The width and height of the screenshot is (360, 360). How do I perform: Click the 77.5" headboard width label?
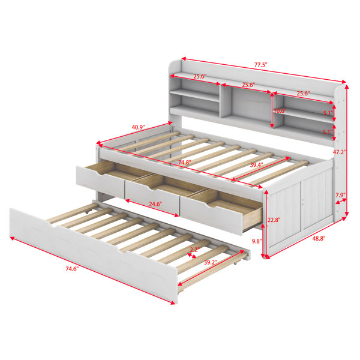click(261, 65)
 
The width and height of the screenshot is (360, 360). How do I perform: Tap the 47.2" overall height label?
click(340, 152)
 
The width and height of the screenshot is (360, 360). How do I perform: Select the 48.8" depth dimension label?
click(319, 239)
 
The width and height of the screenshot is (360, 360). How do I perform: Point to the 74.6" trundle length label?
click(72, 269)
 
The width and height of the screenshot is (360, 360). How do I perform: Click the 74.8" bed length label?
click(185, 163)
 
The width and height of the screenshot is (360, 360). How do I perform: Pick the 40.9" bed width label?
click(138, 127)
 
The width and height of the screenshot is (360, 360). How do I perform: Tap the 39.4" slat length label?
click(256, 164)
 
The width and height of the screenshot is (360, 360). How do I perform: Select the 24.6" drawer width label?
click(155, 204)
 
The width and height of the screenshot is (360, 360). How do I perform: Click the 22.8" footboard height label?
click(274, 220)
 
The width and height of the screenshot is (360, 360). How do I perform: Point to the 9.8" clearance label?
click(257, 241)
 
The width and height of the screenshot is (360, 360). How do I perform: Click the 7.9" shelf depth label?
click(340, 196)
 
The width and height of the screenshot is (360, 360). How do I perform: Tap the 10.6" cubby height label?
click(280, 110)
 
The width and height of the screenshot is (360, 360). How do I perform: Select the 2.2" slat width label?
click(195, 250)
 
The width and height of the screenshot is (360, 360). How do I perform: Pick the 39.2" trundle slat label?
click(211, 262)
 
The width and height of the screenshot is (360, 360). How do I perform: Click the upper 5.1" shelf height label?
click(328, 113)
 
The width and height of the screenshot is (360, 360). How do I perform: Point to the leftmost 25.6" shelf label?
click(200, 76)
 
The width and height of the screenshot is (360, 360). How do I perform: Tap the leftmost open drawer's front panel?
click(100, 179)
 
